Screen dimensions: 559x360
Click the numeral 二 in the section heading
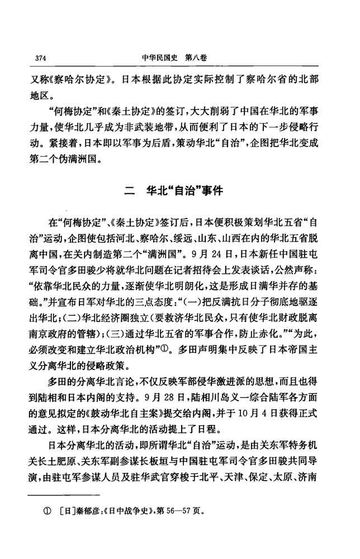pyautogui.click(x=130, y=191)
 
